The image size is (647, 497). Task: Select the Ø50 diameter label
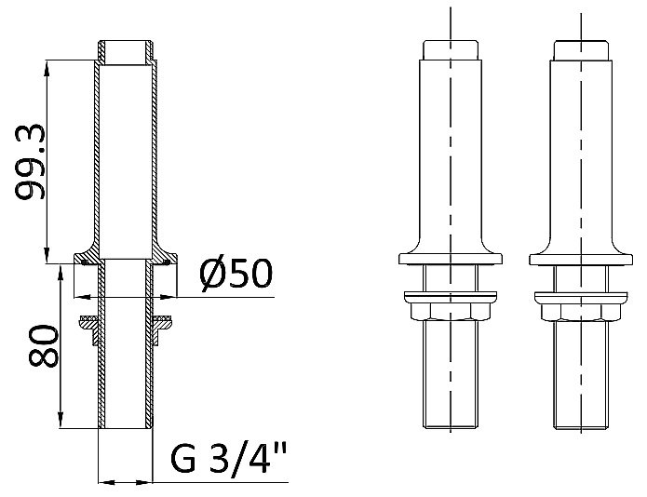coord(235,274)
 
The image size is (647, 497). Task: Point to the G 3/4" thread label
coord(229,460)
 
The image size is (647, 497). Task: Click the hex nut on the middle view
coord(451,306)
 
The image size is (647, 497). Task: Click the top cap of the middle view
coord(451,50)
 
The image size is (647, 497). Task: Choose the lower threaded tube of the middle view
coord(451,372)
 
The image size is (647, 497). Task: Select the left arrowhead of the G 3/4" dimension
coord(104,483)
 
